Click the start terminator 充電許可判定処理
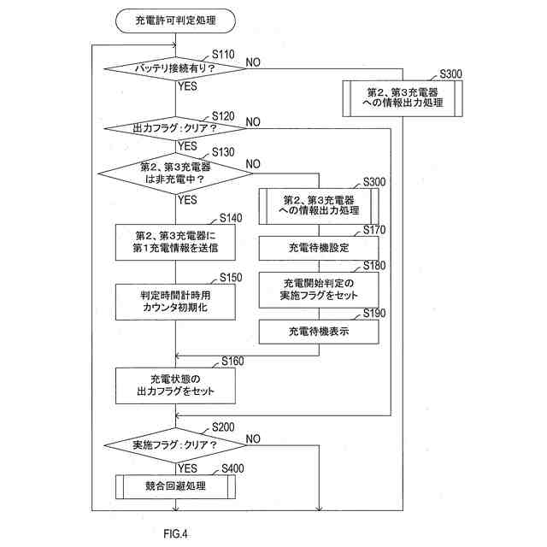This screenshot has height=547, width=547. (175, 18)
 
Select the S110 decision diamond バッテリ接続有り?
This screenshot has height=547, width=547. (175, 68)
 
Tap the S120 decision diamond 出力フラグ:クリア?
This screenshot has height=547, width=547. (175, 128)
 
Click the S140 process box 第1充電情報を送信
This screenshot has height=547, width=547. (175, 241)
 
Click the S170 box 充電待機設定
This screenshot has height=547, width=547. (319, 248)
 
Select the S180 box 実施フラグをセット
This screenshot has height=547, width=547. (319, 289)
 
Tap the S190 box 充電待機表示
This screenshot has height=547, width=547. (319, 332)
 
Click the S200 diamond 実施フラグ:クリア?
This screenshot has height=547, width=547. (175, 445)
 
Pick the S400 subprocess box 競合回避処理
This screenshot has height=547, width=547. (175, 486)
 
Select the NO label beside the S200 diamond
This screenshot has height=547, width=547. (253, 438)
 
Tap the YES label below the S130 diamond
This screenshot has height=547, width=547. (187, 200)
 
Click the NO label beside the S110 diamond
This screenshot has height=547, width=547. (253, 62)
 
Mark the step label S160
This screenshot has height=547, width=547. (233, 362)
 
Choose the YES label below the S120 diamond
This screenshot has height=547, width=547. (187, 145)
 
